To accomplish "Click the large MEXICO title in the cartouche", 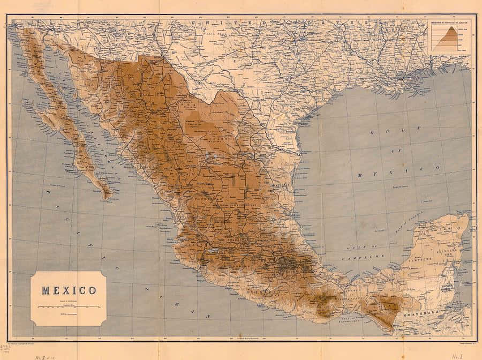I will (x=69, y=291).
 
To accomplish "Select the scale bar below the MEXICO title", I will (x=69, y=306).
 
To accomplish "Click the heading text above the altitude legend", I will (x=449, y=24).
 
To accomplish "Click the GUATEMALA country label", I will (x=437, y=309).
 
